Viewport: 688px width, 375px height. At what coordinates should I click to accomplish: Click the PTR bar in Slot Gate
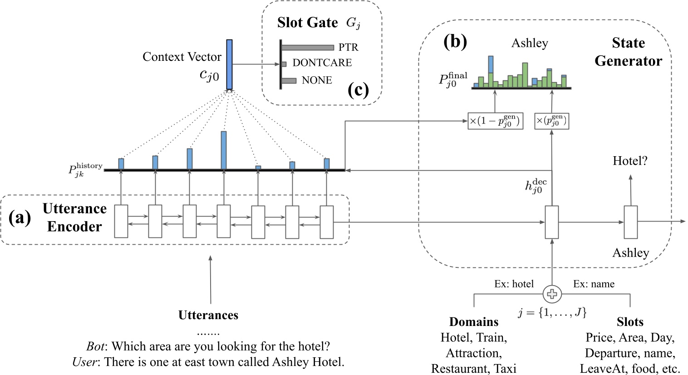(307, 47)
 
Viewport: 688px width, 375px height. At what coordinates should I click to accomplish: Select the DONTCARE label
(322, 63)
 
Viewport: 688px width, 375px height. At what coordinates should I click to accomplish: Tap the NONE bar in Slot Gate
(289, 81)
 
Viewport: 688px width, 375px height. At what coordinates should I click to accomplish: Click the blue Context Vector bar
(229, 64)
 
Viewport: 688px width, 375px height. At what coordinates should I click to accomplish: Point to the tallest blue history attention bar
(224, 150)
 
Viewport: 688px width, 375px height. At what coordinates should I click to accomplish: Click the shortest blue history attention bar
(258, 168)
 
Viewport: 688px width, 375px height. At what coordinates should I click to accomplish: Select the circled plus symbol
(552, 294)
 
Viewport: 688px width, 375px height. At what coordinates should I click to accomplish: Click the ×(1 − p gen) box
(495, 121)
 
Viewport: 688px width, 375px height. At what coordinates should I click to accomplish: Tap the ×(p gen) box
(551, 121)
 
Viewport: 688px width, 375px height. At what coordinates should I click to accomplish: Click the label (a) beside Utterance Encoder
(20, 218)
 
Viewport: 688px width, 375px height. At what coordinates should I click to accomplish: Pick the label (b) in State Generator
(455, 42)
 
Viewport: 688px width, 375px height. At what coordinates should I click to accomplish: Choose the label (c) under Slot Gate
(358, 90)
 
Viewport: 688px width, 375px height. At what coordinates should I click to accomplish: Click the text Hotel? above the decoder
(630, 161)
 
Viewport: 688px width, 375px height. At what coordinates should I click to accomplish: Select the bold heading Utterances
(208, 315)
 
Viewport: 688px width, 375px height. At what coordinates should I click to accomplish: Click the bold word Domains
(474, 322)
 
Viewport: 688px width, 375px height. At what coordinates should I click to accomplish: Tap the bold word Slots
(630, 322)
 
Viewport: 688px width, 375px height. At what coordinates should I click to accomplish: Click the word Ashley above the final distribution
(530, 43)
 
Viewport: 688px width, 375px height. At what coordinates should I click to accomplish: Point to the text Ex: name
(594, 284)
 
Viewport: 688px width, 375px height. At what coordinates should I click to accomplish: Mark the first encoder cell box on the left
(121, 222)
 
